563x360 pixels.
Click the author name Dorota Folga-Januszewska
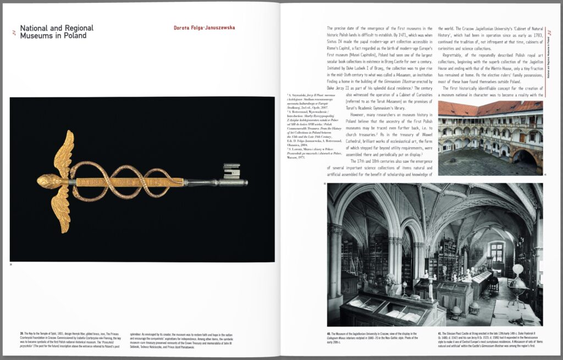pos(196,27)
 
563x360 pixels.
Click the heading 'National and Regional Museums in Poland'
pos(56,31)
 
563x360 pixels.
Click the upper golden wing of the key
pos(64,151)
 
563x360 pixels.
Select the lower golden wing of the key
pos(62,209)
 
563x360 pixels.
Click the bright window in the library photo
pos(496,252)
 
